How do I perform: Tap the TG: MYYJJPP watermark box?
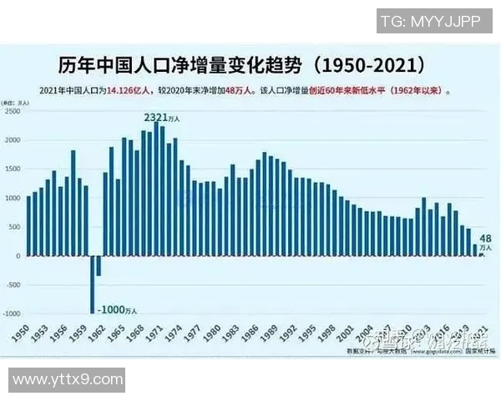(x=430, y=22)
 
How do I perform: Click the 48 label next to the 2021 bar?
(x=485, y=237)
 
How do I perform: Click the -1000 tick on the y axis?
(x=11, y=314)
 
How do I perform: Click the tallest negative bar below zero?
(x=92, y=284)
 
